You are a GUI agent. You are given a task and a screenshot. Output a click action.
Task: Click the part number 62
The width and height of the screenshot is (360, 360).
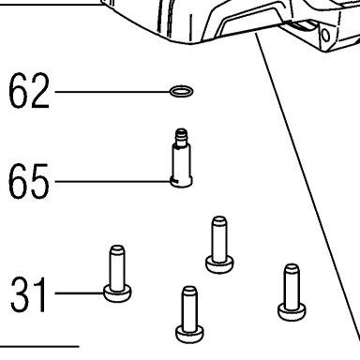29,91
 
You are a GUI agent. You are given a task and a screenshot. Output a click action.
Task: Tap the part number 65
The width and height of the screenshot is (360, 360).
29,181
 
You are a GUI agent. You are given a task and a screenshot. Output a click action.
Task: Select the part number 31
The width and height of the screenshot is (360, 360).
29,294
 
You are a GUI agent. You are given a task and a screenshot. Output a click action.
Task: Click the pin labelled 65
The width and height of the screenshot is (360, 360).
181,158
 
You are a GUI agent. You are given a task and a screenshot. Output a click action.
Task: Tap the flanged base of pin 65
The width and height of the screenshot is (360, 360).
181,182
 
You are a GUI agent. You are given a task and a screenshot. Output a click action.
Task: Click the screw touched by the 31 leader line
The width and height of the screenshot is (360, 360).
117,274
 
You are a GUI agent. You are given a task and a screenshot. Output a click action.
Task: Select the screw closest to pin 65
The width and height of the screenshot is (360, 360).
219,245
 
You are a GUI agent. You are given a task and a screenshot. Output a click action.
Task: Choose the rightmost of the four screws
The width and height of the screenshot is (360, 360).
292,292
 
